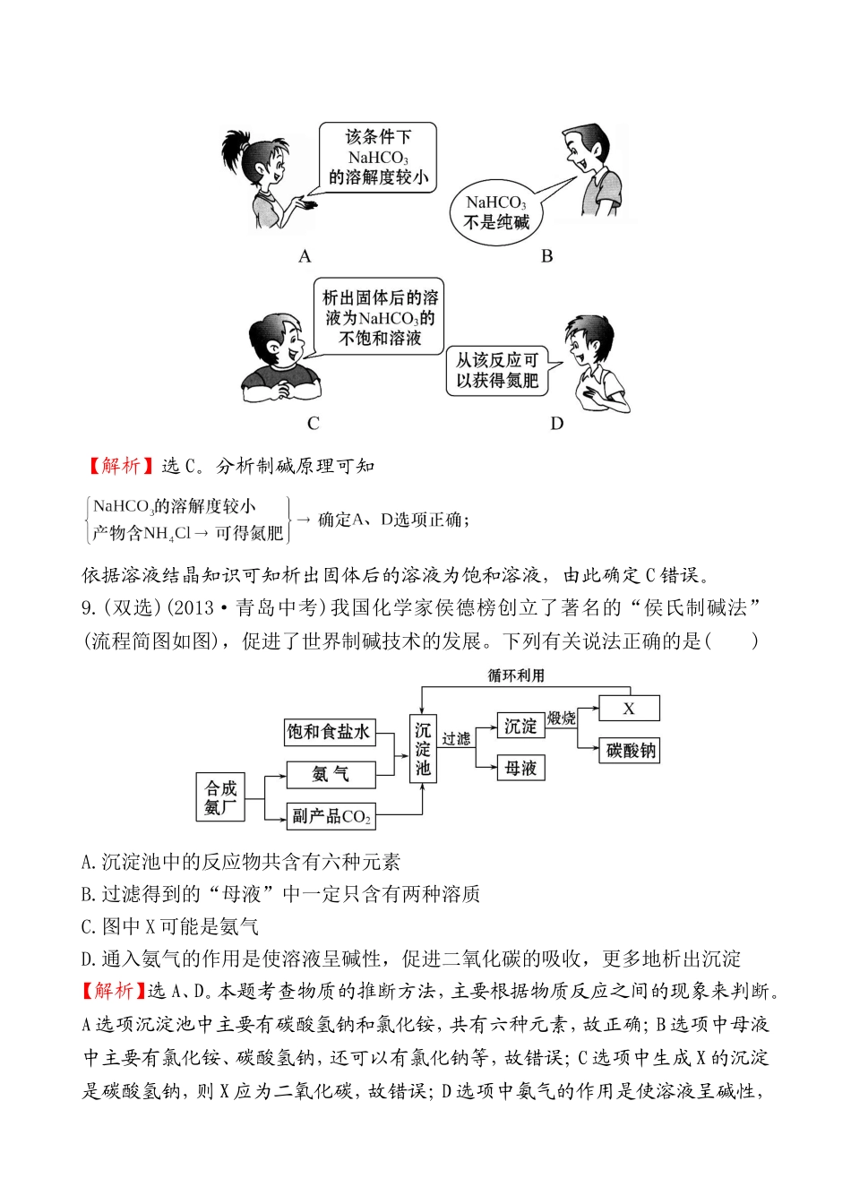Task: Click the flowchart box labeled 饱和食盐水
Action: [x=328, y=732]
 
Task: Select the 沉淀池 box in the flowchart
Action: [x=423, y=749]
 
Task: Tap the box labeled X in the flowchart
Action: [x=629, y=709]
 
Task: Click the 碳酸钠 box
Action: [x=631, y=751]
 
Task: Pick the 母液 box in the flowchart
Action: [x=520, y=769]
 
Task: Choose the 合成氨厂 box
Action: [x=220, y=797]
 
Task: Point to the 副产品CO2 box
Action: [x=331, y=816]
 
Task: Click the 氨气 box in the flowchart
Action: [x=330, y=774]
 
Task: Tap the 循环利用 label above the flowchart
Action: [x=516, y=675]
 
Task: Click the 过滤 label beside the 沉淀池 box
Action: [x=456, y=739]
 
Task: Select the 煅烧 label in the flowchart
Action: [x=562, y=718]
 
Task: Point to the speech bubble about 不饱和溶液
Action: [x=380, y=318]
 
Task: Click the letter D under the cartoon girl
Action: [x=557, y=424]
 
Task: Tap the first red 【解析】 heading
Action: [x=119, y=466]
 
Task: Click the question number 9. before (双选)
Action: [x=90, y=608]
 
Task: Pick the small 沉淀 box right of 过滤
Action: [x=520, y=727]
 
